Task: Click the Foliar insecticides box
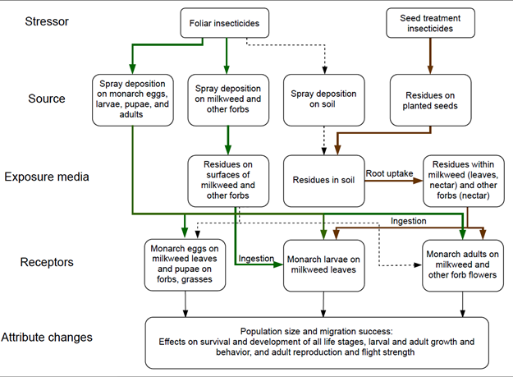click(226, 22)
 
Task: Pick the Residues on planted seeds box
click(422, 99)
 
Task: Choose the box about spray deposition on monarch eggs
click(131, 99)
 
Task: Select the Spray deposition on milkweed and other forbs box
click(227, 99)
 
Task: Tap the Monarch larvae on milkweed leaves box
click(323, 265)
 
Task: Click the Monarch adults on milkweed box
click(462, 265)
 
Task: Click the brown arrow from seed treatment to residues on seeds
click(421, 55)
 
